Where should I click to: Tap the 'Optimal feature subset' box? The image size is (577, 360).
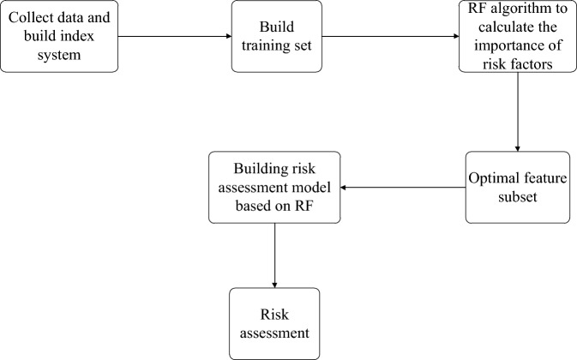518,187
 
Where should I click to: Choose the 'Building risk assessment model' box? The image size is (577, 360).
274,187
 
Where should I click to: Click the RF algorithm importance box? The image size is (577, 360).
518,37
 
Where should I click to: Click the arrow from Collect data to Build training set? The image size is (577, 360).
171,37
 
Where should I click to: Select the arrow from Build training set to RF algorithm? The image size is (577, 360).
390,37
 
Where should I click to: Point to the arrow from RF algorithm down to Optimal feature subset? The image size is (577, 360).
518,111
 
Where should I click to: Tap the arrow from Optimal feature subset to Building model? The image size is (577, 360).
403,187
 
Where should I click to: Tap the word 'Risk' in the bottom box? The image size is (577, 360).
274,315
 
